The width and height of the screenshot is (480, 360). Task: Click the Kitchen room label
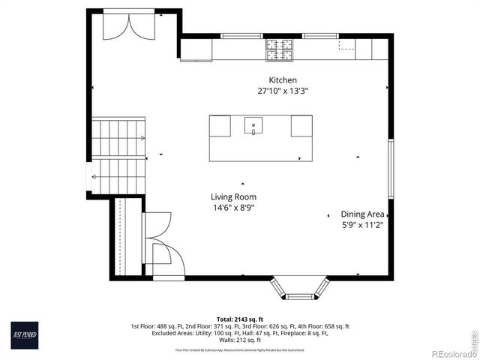point(283,80)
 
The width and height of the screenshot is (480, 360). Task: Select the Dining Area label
point(362,214)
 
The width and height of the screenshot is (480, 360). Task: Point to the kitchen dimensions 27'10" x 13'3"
point(283,91)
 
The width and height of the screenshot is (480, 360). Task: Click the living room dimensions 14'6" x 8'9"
point(234,208)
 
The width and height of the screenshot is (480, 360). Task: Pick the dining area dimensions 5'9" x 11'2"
point(362,225)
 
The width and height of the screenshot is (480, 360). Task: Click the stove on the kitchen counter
point(278,49)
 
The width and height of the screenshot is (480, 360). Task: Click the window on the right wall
point(390,169)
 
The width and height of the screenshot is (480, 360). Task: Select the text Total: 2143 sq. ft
point(240,319)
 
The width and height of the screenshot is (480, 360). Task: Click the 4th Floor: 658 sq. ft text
point(325,326)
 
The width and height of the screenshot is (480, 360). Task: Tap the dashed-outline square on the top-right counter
point(346,44)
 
